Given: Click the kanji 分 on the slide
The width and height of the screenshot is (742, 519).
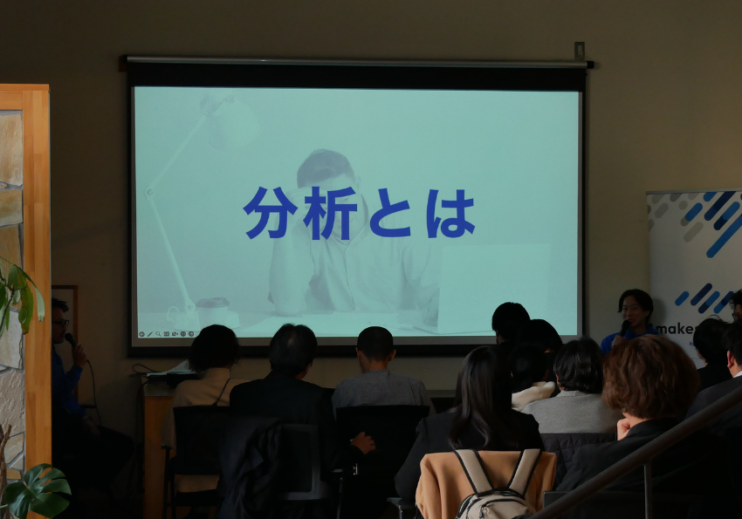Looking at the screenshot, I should pyautogui.click(x=267, y=213).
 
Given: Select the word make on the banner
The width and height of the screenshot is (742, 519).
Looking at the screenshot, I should pyautogui.click(x=674, y=329).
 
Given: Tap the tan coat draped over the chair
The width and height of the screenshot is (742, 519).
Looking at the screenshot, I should pyautogui.click(x=442, y=484).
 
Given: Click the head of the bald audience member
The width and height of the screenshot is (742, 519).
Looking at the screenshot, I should pyautogui.click(x=375, y=344).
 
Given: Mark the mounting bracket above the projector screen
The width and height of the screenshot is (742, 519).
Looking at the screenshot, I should pyautogui.click(x=579, y=50).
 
